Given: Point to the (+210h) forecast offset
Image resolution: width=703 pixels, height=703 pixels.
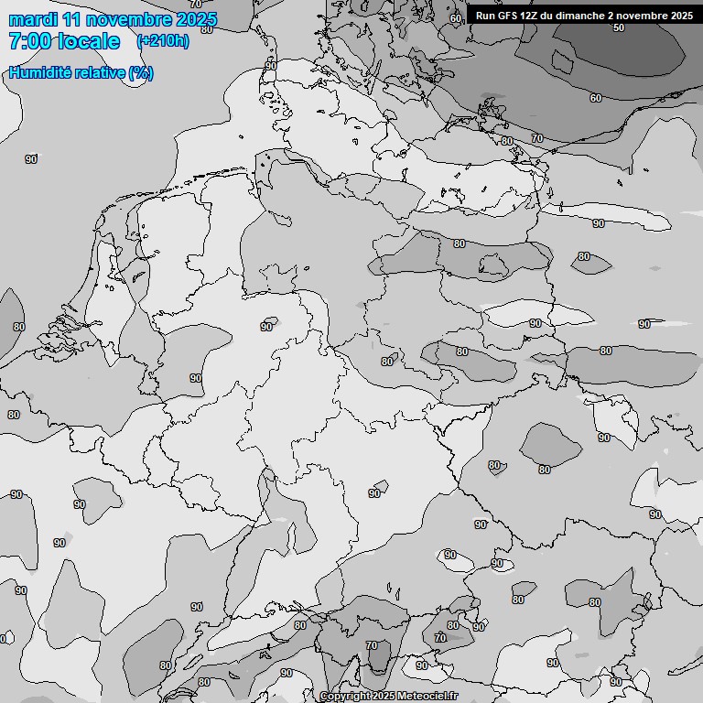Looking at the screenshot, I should tap(163, 41).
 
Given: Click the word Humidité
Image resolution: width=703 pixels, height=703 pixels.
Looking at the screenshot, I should tap(38, 73).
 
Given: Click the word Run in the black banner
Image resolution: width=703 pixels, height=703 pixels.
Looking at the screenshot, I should tap(485, 16).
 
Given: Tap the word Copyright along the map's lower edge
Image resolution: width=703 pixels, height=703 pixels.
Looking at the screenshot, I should tap(344, 697).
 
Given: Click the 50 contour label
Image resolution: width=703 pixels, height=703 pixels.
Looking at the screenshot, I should tap(619, 27).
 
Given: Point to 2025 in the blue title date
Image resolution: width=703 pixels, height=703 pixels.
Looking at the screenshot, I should tap(196, 19).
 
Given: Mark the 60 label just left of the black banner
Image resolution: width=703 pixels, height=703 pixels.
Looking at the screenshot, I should tap(456, 18).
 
